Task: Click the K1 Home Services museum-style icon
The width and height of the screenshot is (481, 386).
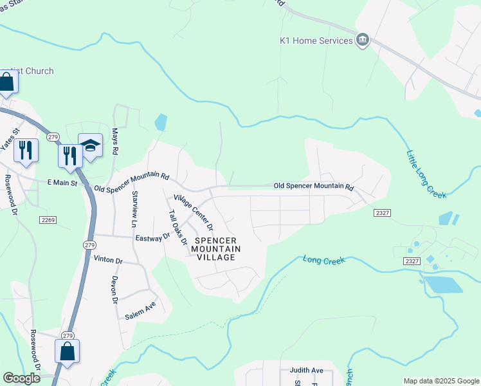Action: tap(363, 41)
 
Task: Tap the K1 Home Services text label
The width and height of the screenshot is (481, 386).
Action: tap(316, 41)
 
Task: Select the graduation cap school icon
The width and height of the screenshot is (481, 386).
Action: tap(91, 147)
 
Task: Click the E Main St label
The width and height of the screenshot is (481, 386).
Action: tap(62, 183)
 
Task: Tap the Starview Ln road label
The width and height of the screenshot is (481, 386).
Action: tap(134, 209)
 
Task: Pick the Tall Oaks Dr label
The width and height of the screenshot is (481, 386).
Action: tap(177, 228)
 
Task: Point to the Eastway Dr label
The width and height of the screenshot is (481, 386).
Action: tap(152, 237)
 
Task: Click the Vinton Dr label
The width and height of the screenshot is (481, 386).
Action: tap(107, 261)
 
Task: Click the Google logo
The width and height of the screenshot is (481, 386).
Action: tap(21, 378)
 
